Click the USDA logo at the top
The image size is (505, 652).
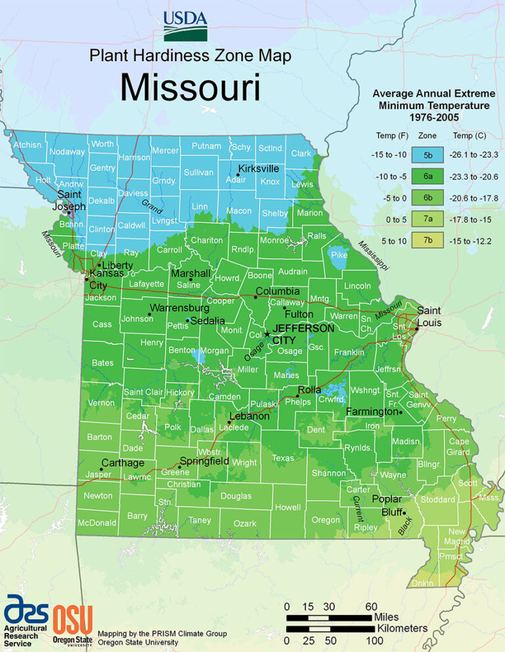(185, 25)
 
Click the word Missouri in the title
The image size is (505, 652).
(189, 88)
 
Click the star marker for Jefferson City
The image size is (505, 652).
(267, 334)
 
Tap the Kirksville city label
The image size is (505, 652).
(258, 168)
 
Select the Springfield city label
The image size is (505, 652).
(204, 461)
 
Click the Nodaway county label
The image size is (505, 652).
(67, 151)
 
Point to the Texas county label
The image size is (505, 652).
(283, 458)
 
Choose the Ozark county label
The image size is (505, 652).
(245, 524)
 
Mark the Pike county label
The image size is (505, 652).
(339, 255)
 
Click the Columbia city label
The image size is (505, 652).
(277, 291)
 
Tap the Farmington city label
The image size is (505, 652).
(372, 412)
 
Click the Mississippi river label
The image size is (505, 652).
(373, 254)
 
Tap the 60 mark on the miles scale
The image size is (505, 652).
(371, 606)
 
